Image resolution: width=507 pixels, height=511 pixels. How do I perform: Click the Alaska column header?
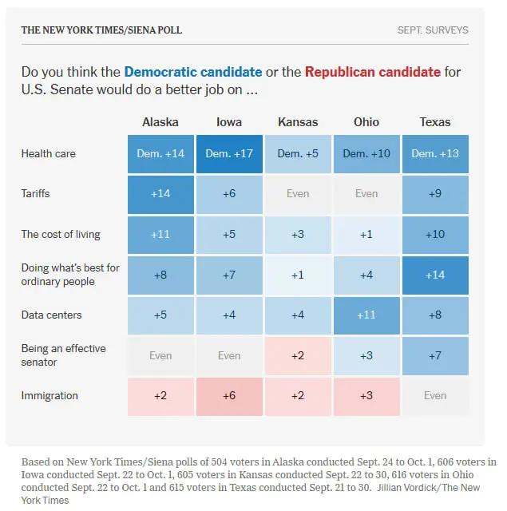click(x=160, y=122)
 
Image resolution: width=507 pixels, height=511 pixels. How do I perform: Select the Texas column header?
click(x=435, y=122)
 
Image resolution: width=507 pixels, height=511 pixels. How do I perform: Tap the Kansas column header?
click(x=298, y=122)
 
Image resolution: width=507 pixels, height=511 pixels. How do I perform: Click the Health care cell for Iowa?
click(x=229, y=154)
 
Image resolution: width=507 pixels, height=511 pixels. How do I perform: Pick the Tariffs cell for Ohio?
click(x=366, y=194)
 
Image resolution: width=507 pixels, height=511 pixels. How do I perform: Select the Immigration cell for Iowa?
click(x=229, y=396)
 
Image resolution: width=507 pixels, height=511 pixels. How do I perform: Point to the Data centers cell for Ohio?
click(x=366, y=315)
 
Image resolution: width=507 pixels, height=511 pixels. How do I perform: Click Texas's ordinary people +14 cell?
click(x=435, y=275)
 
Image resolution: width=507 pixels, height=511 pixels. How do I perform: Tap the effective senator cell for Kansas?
click(x=298, y=356)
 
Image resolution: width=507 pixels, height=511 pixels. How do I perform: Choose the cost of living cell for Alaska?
click(x=160, y=235)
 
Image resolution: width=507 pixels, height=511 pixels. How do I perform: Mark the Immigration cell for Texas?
click(x=435, y=396)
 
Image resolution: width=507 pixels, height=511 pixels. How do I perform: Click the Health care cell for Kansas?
click(x=298, y=154)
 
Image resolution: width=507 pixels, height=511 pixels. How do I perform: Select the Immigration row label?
click(x=50, y=396)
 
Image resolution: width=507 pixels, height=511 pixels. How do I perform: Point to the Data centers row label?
click(x=51, y=315)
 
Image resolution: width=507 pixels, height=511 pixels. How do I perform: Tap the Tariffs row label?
click(x=35, y=193)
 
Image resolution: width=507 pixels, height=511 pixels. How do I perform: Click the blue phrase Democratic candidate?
click(x=193, y=72)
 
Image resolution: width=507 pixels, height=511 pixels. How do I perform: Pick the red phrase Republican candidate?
click(x=373, y=72)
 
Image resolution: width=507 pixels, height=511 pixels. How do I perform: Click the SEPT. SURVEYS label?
click(x=433, y=30)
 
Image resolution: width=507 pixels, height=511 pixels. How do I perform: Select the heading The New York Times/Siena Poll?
click(x=101, y=30)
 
